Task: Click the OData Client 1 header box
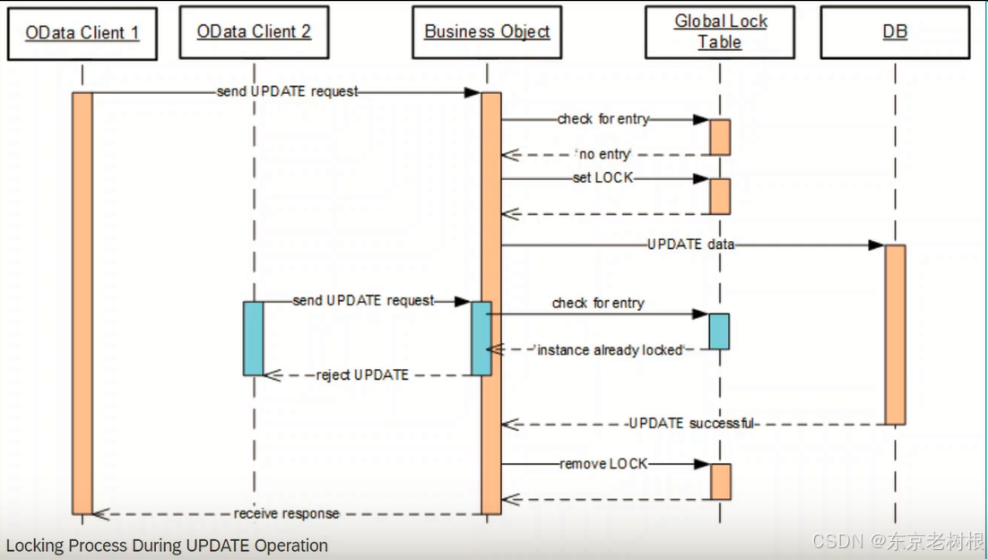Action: [x=82, y=33]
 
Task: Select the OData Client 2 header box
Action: [x=254, y=32]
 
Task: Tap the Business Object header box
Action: [x=487, y=32]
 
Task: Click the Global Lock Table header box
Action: [x=720, y=32]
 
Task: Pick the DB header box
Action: [x=895, y=32]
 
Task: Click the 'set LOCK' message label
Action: [x=602, y=178]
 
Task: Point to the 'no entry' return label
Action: [x=602, y=155]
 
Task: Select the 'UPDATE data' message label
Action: [x=690, y=245]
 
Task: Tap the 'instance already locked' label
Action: [x=609, y=350]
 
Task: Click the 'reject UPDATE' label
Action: [x=362, y=374]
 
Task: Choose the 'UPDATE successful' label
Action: [x=690, y=423]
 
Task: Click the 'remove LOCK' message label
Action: [x=603, y=464]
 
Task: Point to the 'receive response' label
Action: [x=287, y=513]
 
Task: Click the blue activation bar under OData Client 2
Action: [x=254, y=338]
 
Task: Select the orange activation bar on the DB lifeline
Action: [x=895, y=333]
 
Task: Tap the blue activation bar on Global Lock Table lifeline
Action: [x=719, y=331]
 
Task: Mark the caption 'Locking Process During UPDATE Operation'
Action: [x=168, y=546]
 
